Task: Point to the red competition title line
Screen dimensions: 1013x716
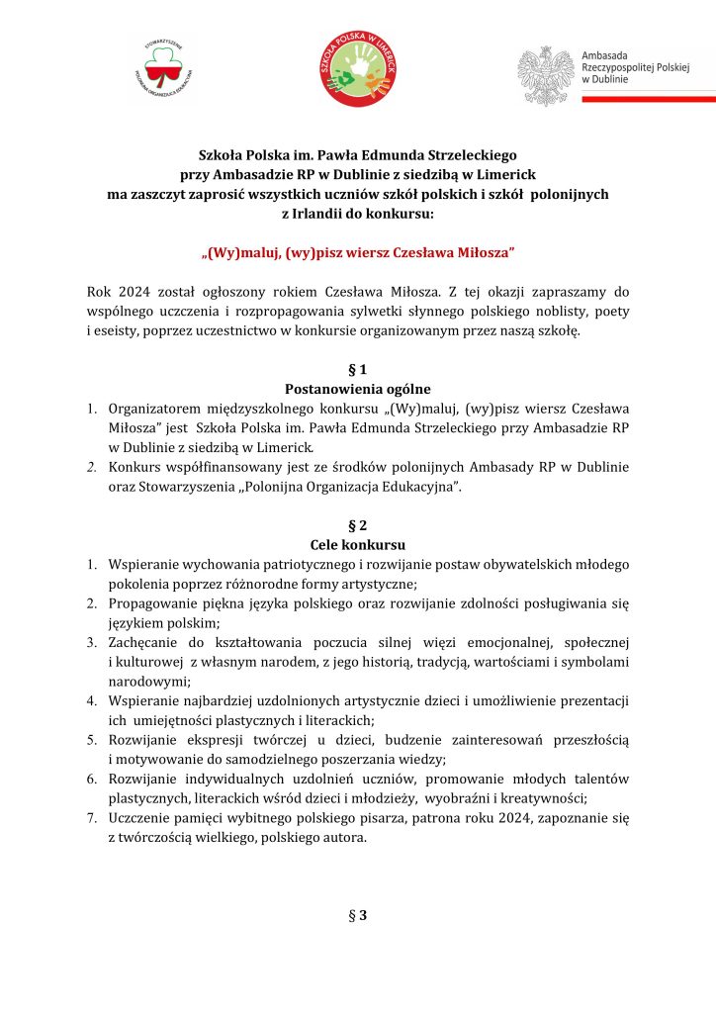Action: coord(358,253)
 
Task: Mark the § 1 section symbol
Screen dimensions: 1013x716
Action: coord(357,370)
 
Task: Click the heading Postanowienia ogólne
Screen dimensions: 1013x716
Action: coord(357,389)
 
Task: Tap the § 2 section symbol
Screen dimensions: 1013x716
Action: coord(357,525)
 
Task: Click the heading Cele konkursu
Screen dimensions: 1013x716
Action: coord(357,545)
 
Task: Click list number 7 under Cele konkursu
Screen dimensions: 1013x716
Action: coord(91,818)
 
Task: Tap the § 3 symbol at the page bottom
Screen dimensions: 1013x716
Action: coord(357,915)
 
